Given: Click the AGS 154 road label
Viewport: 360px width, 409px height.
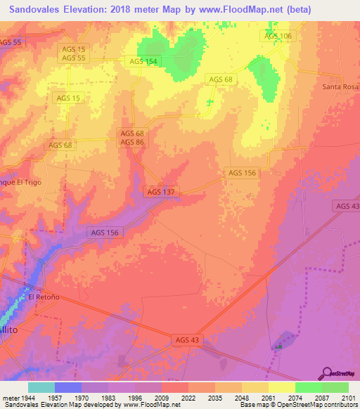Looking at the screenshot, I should click(x=143, y=61).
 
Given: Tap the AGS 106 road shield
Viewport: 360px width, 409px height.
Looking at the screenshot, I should click(x=278, y=36).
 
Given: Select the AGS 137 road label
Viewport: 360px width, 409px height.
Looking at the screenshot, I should click(x=162, y=191).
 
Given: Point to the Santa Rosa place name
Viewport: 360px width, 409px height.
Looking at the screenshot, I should click(x=340, y=86).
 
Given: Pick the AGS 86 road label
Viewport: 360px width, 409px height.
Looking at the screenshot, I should click(x=131, y=142).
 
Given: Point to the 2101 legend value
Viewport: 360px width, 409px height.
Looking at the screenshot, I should click(x=349, y=397).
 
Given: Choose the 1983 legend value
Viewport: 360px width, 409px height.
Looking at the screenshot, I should click(x=108, y=397).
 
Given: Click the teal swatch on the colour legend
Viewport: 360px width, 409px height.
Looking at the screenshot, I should click(x=41, y=387).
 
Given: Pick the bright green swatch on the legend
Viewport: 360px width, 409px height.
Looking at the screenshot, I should click(x=309, y=387).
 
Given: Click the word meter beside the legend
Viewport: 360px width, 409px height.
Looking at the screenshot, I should click(x=10, y=397).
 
